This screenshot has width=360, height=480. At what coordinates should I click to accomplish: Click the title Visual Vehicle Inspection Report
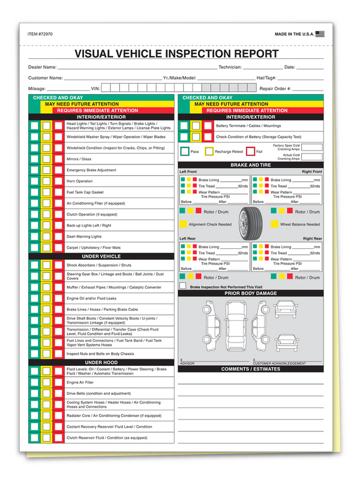(177, 53)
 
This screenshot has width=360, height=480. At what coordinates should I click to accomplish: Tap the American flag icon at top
(319, 35)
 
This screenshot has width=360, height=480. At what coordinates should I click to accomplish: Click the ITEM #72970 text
(41, 35)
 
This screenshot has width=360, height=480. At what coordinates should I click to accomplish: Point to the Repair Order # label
(275, 88)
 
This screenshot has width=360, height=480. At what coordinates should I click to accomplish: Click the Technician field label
(230, 67)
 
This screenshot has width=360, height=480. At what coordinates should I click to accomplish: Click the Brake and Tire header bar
(250, 164)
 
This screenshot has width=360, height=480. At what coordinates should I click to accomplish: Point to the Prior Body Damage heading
(250, 293)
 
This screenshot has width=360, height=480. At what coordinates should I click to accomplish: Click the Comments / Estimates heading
(250, 368)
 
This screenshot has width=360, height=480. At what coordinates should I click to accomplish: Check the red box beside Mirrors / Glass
(58, 159)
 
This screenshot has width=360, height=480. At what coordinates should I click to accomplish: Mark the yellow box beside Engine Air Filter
(46, 382)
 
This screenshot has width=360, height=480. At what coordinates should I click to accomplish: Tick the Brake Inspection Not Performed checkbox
(183, 287)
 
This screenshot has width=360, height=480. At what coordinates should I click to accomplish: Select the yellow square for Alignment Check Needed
(183, 224)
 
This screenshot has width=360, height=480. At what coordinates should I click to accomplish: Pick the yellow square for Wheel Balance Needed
(274, 224)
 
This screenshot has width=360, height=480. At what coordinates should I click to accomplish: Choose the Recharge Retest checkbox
(209, 152)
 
